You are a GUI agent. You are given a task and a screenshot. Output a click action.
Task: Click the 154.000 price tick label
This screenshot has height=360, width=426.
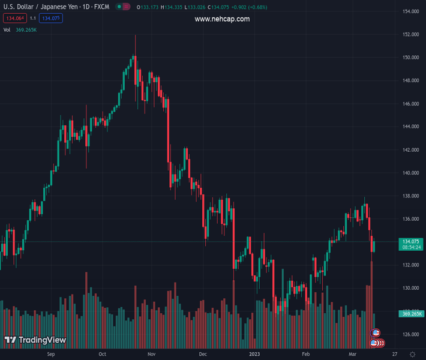coord(410,12)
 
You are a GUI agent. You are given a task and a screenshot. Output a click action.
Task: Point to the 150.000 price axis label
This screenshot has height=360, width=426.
coord(410,58)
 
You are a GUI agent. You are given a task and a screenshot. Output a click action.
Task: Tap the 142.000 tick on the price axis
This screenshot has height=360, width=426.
coord(410,150)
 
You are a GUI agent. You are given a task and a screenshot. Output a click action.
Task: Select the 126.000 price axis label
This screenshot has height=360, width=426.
coord(410,334)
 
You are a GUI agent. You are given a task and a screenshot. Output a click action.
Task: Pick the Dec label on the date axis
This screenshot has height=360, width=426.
coord(203,354)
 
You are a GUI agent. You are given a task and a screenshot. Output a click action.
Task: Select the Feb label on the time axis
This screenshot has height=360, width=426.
coord(306,354)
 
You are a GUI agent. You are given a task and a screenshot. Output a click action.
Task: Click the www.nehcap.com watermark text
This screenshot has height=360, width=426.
coord(222,19)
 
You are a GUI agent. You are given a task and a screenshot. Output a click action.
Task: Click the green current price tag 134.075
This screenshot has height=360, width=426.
coord(411,241)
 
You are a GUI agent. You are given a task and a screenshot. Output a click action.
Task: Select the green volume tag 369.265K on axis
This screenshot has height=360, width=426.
coord(411,314)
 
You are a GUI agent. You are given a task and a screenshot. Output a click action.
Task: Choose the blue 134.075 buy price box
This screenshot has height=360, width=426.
coord(52,19)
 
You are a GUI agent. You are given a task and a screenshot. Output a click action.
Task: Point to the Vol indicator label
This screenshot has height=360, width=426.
coord(7,29)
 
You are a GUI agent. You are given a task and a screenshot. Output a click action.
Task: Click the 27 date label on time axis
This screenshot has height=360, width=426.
coord(394,354)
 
